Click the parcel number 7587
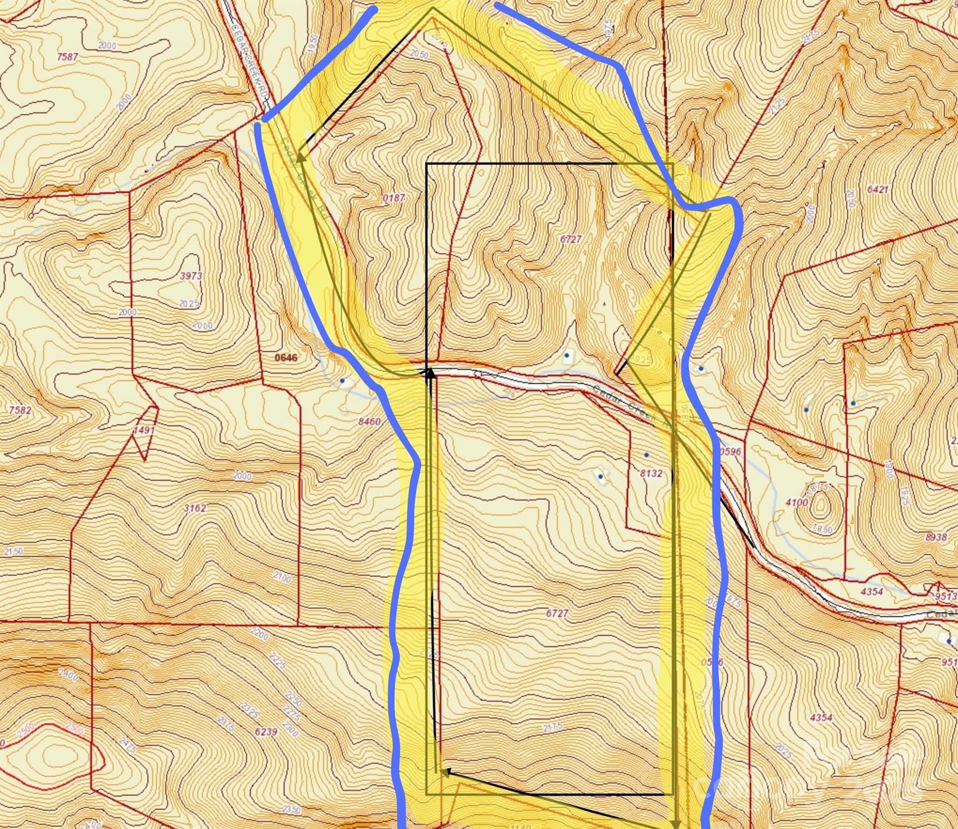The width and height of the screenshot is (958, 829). (x=67, y=57)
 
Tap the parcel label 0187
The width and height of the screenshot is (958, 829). (x=394, y=198)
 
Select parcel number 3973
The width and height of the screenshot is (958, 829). (x=191, y=276)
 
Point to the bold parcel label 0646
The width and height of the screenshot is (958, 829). (x=286, y=357)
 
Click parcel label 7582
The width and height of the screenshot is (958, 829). (x=20, y=410)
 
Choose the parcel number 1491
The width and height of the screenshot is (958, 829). (x=144, y=430)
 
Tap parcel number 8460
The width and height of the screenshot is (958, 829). (x=369, y=422)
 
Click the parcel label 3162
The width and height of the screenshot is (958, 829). (x=195, y=508)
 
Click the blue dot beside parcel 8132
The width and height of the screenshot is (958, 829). (x=646, y=456)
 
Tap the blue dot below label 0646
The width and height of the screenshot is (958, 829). (x=343, y=380)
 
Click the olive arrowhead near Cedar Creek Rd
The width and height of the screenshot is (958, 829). (x=300, y=157)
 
